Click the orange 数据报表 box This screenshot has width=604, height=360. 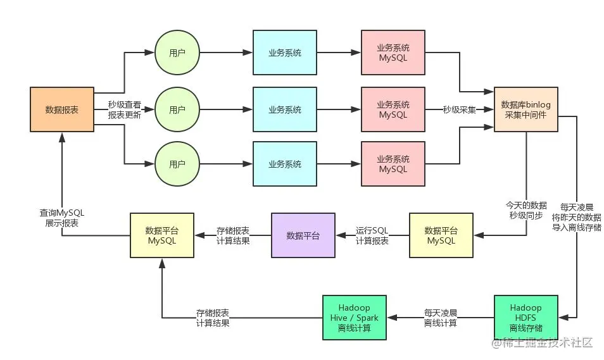61,109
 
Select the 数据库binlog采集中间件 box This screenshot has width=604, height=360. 526,109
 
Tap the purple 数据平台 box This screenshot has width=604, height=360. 303,235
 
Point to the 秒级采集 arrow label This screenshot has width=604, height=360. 459,109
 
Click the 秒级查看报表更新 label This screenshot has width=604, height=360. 125,110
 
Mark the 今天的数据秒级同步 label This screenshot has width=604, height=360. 525,210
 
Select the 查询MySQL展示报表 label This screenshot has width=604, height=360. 61,218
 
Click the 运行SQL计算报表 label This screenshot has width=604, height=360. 372,235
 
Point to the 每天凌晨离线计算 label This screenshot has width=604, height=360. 440,318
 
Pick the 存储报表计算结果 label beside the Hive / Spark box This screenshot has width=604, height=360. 213,318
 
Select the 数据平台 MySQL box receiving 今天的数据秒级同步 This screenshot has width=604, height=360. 441,235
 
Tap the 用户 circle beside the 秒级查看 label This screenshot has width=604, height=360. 177,109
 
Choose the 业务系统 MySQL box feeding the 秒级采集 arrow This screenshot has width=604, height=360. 393,109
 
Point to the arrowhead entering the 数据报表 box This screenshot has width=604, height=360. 61,136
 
